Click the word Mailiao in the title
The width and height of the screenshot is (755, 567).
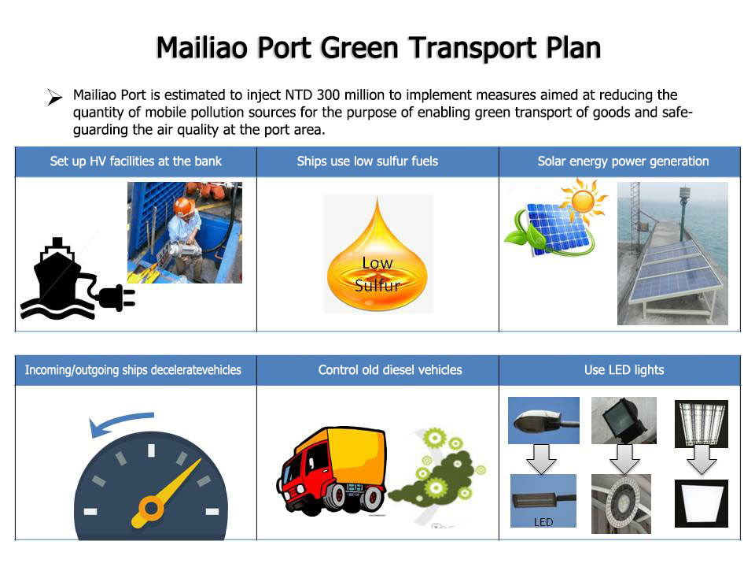(202, 48)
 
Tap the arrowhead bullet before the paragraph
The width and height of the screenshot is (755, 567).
(54, 97)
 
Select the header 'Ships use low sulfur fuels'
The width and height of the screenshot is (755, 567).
(367, 161)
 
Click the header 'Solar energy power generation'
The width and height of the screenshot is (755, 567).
(623, 161)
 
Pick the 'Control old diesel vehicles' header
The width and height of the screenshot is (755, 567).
(390, 370)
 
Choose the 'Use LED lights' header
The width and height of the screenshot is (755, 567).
(624, 370)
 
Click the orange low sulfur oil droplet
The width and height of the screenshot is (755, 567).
(377, 254)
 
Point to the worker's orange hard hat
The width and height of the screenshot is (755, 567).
(183, 206)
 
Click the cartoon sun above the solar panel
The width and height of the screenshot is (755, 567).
(583, 199)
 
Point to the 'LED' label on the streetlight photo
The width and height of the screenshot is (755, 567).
(543, 522)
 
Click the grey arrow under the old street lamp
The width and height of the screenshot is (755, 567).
(541, 459)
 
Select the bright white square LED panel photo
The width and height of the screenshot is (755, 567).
(701, 503)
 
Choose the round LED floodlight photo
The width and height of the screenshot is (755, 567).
(621, 504)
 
